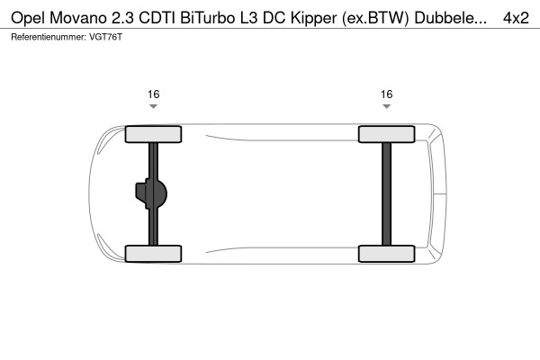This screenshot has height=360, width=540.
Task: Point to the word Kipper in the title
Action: click(313, 19)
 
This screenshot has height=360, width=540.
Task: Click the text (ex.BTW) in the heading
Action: click(375, 19)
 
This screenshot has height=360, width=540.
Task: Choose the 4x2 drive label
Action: click(516, 18)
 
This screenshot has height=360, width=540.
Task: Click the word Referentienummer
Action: click(49, 37)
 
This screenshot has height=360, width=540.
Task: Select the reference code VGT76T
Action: click(105, 37)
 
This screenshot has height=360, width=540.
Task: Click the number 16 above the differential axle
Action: click(154, 94)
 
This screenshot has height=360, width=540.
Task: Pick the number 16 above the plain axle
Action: click(386, 94)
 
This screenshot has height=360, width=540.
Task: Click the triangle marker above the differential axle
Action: click(153, 106)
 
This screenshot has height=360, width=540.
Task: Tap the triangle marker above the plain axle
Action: click(386, 106)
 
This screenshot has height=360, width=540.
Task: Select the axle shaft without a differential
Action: click(386, 194)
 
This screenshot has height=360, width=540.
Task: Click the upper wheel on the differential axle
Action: click(153, 134)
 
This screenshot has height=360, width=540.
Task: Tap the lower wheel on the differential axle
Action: click(153, 254)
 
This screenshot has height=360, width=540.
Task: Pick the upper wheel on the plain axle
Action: click(386, 134)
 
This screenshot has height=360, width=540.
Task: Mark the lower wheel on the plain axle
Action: click(386, 254)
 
